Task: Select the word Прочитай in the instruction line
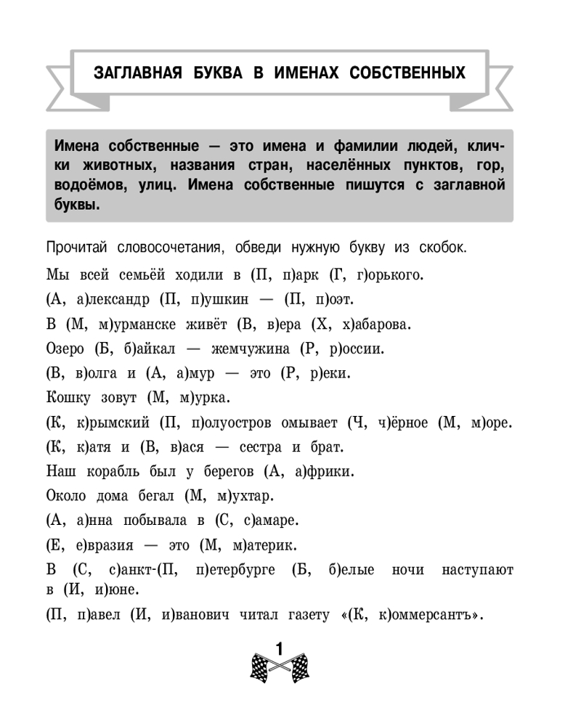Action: click(x=72, y=247)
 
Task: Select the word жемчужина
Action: click(x=249, y=349)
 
